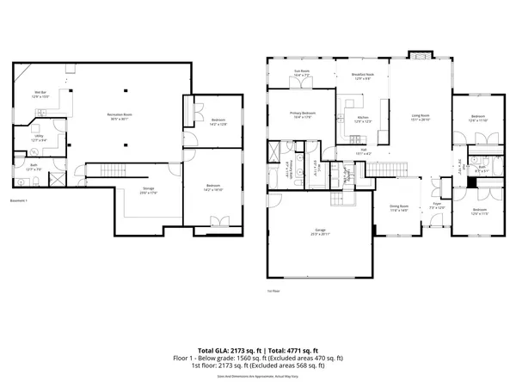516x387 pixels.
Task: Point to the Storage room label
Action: [x=125, y=190]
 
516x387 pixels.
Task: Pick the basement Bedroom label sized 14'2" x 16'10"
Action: [x=213, y=186]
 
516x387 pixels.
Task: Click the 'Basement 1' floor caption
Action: [x=19, y=201]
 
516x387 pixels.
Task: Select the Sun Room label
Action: [x=302, y=74]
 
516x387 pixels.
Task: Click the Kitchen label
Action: [x=363, y=119]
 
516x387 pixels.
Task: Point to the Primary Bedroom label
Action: [x=302, y=114]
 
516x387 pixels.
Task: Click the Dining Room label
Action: [x=398, y=206]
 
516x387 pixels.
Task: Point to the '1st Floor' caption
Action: [x=274, y=292]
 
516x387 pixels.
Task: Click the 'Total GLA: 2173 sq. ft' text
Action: [x=225, y=350]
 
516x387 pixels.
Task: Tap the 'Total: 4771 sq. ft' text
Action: [x=292, y=350]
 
